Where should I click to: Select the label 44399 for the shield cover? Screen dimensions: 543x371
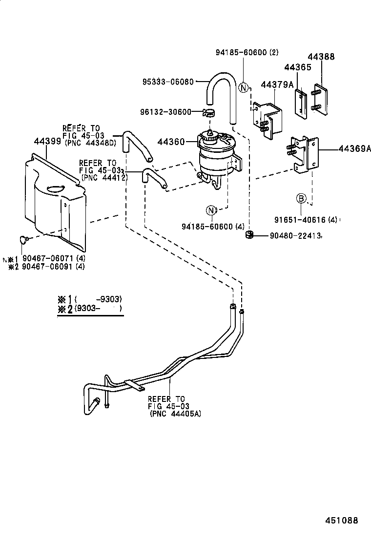click(x=47, y=142)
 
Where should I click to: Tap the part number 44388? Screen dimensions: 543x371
click(x=321, y=57)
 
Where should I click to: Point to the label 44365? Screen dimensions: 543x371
click(x=298, y=67)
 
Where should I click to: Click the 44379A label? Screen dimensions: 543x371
click(x=277, y=85)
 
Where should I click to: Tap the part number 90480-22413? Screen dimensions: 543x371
click(x=295, y=236)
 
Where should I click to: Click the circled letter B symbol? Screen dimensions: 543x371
click(x=302, y=198)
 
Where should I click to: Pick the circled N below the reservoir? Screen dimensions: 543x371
click(x=211, y=210)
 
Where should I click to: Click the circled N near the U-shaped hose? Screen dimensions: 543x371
click(x=244, y=88)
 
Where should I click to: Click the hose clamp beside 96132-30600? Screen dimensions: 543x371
click(x=208, y=113)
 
